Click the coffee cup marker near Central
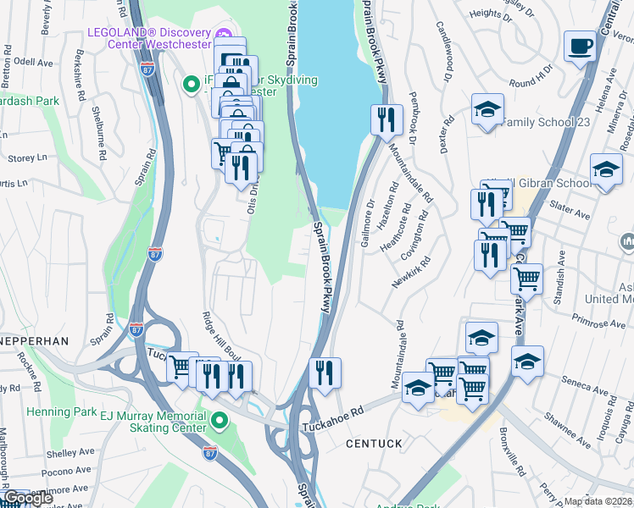(581, 47)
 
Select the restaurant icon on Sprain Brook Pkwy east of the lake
(386, 119)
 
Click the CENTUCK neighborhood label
(374, 443)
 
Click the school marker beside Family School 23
(487, 109)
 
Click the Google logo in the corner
(29, 499)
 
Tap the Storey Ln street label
(27, 157)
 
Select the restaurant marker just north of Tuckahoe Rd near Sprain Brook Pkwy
(325, 373)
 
